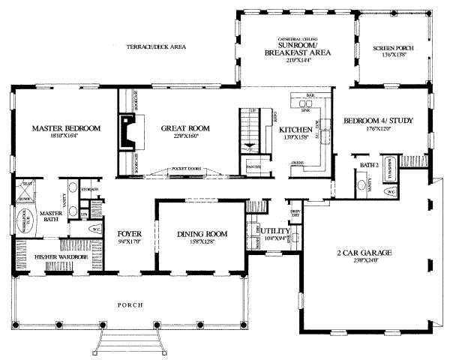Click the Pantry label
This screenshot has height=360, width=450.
[x=253, y=166]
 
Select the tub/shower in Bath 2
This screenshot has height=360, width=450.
[x=390, y=168]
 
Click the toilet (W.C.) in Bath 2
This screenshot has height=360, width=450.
[x=390, y=192]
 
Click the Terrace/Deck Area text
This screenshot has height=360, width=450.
[x=156, y=46]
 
